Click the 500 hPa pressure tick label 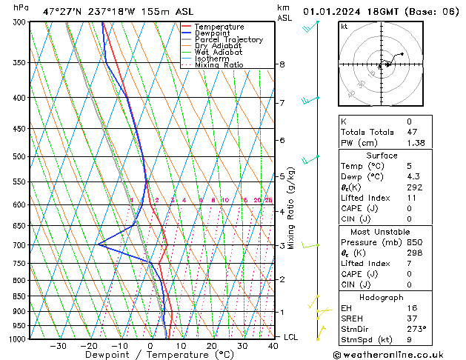18,157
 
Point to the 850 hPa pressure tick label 18,296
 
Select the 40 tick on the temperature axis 274,346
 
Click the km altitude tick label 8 282,64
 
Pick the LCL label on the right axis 291,337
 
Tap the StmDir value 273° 416,329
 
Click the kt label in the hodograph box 344,26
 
